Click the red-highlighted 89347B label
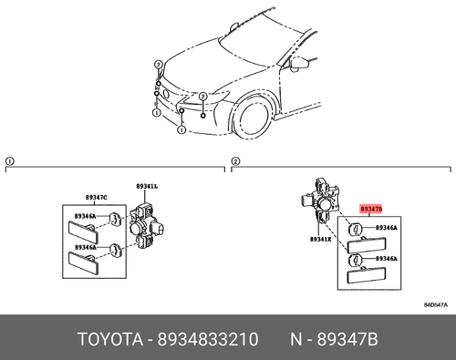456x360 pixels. pyautogui.click(x=371, y=208)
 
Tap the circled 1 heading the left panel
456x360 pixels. pyautogui.click(x=10, y=161)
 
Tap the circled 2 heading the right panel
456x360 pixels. pyautogui.click(x=234, y=161)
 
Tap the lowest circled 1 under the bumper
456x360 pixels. pyautogui.click(x=181, y=129)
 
